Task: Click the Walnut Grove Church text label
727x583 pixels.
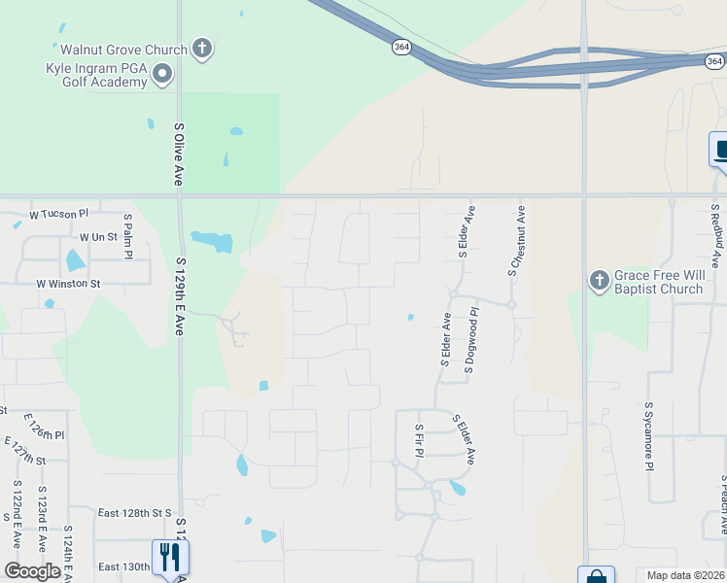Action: (123, 50)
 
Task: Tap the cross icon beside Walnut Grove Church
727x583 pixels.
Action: (202, 49)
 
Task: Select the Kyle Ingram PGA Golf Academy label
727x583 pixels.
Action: (96, 75)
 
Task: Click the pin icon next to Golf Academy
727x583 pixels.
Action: (162, 74)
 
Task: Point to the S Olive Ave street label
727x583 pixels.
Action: (179, 154)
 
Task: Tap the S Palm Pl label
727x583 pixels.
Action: (127, 236)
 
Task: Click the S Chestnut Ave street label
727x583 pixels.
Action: (517, 240)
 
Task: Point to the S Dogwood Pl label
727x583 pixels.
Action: (471, 341)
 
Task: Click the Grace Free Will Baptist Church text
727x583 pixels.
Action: (657, 282)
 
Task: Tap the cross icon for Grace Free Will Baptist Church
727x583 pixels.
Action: (599, 281)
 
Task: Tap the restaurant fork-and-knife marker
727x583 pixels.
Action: (170, 557)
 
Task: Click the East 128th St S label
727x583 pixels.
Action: (135, 512)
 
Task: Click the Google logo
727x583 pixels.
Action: (32, 571)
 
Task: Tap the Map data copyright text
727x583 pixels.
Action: (686, 575)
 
